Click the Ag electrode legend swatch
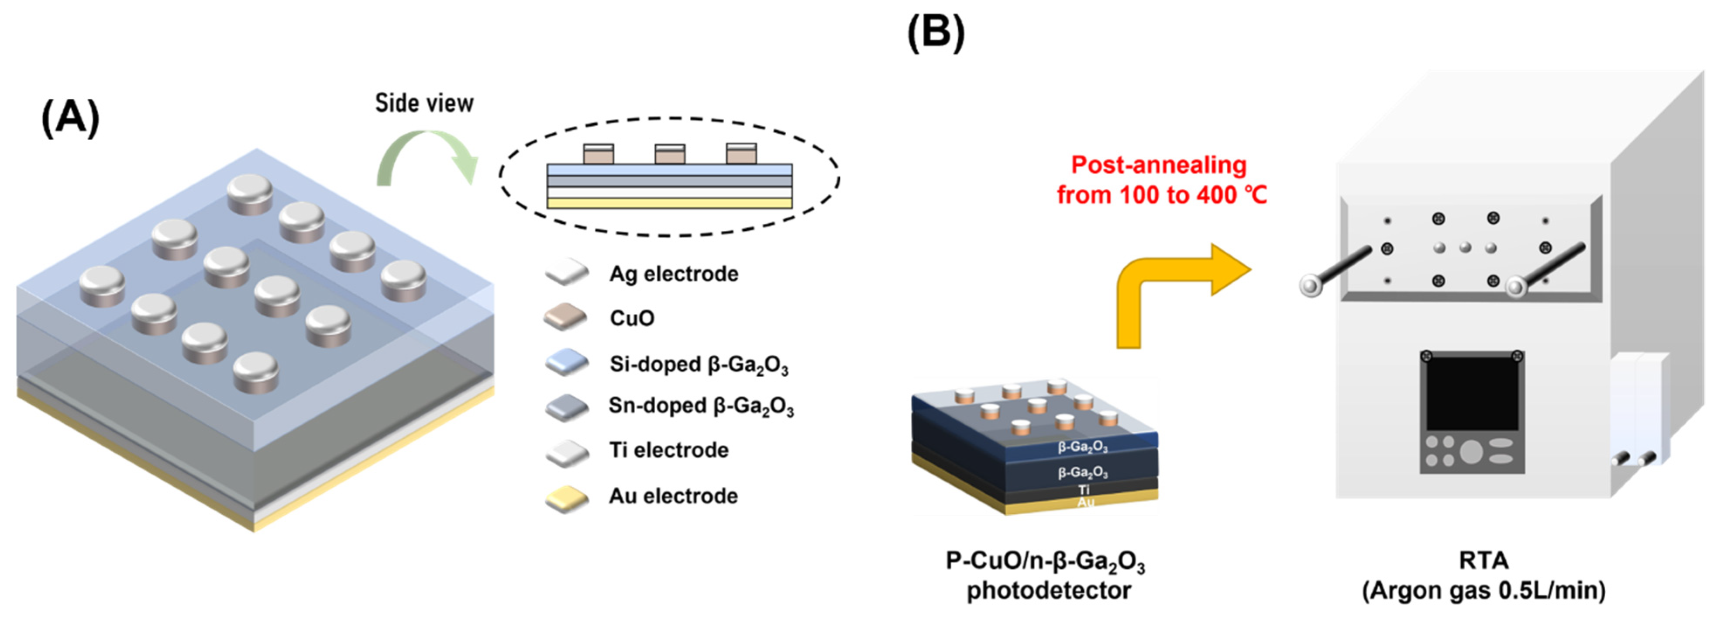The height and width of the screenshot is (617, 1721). pos(567,273)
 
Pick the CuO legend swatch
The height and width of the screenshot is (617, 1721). pos(565,318)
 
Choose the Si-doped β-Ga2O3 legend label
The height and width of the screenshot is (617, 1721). pos(698,364)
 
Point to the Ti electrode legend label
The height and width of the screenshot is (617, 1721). pos(668,450)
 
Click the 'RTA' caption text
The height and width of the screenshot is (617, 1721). pos(1483,560)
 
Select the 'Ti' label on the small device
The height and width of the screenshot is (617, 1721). pos(1084,490)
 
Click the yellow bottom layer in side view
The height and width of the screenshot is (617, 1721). pos(669,203)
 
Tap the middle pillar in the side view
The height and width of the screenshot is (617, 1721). pos(669,154)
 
